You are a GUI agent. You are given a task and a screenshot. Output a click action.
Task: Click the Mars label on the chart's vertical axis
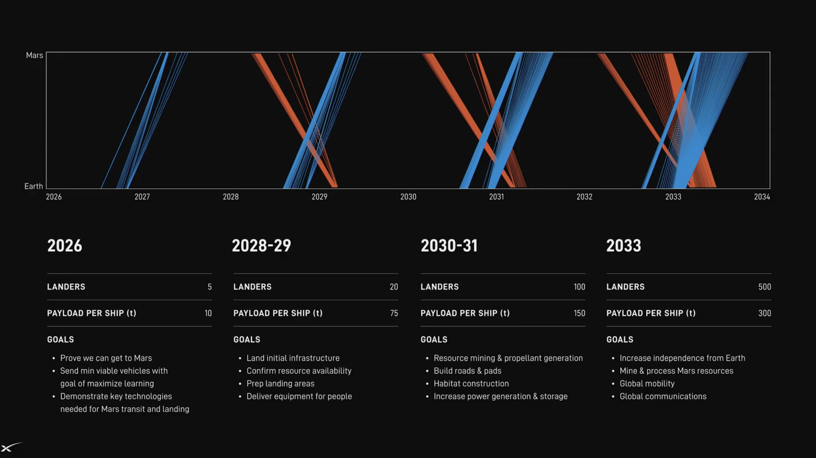[34, 55]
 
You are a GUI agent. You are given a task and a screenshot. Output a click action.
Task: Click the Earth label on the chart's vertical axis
[33, 186]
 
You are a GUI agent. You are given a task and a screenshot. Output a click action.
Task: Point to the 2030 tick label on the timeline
[408, 197]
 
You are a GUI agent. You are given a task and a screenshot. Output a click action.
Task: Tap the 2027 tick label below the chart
[142, 197]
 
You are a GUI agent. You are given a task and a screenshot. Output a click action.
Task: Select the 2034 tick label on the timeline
[762, 197]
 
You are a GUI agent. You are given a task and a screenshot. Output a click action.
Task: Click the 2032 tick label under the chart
[584, 197]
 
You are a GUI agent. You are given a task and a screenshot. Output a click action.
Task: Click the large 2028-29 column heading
[261, 246]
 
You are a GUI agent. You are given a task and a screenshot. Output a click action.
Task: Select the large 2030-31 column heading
[449, 246]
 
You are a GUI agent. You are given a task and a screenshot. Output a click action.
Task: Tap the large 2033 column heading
[623, 246]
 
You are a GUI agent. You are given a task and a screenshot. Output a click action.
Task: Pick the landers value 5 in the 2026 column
[209, 287]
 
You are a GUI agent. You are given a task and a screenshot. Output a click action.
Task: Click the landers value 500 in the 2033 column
[765, 287]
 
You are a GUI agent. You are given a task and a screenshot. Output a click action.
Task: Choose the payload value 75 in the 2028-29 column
[394, 313]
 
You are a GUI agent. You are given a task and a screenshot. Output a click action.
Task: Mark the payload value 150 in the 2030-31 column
[579, 313]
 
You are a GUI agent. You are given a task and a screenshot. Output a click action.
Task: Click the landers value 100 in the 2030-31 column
[579, 287]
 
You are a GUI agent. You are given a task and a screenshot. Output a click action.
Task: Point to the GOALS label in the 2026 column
[61, 339]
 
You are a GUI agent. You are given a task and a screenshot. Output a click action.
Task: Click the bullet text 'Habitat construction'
[471, 383]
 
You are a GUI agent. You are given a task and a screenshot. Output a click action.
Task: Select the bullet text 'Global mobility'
[647, 383]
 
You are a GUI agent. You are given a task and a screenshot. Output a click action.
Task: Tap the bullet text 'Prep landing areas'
[280, 383]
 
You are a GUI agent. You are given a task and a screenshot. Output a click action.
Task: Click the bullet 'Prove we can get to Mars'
[106, 358]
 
